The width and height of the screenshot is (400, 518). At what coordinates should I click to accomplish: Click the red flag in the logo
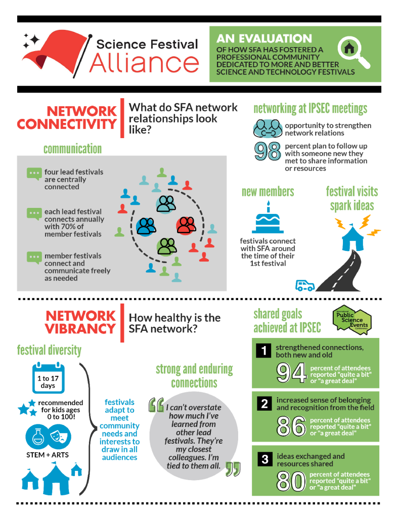click(58, 51)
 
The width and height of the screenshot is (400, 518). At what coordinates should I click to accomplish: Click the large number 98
click(268, 151)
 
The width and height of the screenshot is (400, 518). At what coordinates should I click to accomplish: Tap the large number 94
click(291, 373)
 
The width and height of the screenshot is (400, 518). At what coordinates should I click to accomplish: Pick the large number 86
click(291, 426)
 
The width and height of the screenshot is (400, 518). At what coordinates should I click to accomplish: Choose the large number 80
click(291, 481)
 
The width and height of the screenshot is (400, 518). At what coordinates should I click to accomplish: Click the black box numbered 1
click(263, 351)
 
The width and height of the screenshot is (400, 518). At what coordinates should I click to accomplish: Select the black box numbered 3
click(264, 459)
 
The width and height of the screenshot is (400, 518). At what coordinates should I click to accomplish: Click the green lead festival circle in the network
click(166, 246)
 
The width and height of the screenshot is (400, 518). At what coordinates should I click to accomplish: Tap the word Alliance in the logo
click(144, 63)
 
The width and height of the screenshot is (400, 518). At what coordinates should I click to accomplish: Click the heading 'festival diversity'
click(49, 350)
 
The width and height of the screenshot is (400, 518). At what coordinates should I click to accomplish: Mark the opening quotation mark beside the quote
click(156, 405)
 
